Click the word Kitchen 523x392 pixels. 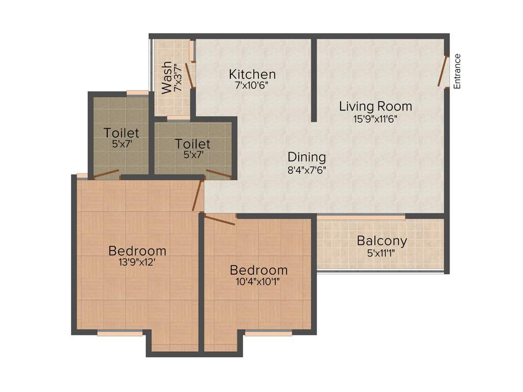point(252,75)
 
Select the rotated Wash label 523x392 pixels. point(167,78)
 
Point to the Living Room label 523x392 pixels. point(375,107)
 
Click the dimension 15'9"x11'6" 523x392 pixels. point(375,118)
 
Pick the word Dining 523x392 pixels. point(306,157)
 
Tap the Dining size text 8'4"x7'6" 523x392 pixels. point(306,169)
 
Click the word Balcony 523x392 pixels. point(382,240)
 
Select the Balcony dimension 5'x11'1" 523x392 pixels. point(382,252)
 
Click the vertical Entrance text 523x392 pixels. point(458,71)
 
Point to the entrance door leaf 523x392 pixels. point(442,71)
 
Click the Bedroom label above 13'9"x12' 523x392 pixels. point(137,251)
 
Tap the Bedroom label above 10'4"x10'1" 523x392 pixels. point(258,270)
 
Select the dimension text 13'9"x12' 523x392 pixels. point(137,263)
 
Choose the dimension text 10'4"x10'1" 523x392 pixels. point(258,281)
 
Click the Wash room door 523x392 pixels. point(189,75)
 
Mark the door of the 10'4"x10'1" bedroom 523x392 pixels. point(220,219)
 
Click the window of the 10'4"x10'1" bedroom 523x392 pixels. point(268,333)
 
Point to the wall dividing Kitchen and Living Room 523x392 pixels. point(314,80)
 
